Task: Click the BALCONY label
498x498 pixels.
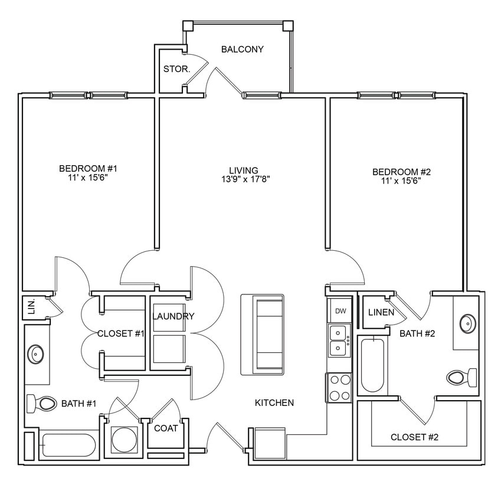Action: click(x=242, y=49)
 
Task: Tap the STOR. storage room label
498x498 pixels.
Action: click(x=176, y=69)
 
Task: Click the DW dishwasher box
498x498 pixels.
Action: click(x=340, y=311)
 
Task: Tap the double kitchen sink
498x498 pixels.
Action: click(x=339, y=340)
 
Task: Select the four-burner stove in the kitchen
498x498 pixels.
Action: click(x=339, y=388)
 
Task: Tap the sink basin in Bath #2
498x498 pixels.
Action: click(x=466, y=324)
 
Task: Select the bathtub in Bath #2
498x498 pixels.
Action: click(x=372, y=366)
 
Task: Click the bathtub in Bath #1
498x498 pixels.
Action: click(x=67, y=445)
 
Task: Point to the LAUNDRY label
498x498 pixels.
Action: click(x=173, y=316)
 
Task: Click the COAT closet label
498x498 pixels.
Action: click(x=166, y=428)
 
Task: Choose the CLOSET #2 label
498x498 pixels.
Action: click(x=414, y=437)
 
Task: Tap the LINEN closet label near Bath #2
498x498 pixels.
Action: click(x=381, y=312)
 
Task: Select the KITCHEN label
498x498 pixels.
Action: click(x=274, y=403)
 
